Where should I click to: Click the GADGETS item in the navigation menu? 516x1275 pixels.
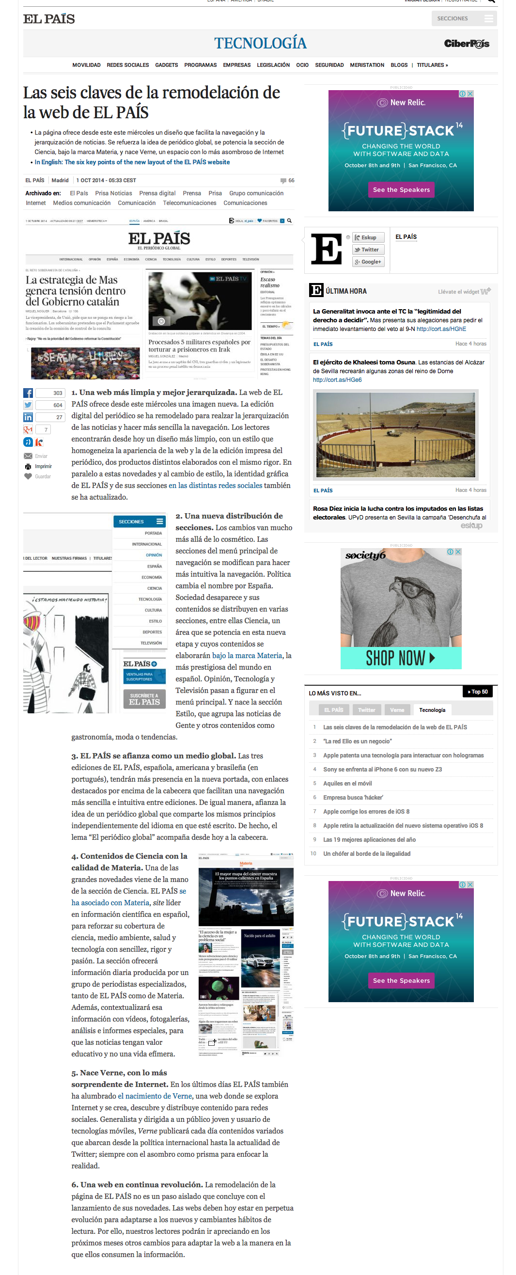[x=166, y=65]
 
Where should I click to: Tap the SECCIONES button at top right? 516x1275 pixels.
[x=464, y=18]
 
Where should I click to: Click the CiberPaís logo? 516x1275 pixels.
[x=466, y=44]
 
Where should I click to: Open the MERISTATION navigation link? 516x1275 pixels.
[x=367, y=65]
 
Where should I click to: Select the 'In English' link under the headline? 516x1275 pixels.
[x=132, y=162]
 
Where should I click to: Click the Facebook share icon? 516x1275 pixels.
[x=28, y=393]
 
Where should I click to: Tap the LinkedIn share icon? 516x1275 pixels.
[x=28, y=417]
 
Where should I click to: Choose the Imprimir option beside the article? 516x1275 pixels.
[x=43, y=466]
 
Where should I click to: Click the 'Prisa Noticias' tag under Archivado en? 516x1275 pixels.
[x=113, y=193]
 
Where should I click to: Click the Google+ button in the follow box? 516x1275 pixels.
[x=368, y=262]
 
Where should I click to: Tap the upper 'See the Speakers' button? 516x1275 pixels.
[x=401, y=189]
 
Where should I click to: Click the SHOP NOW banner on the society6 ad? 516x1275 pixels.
[x=400, y=658]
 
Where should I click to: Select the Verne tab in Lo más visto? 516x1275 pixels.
[x=397, y=710]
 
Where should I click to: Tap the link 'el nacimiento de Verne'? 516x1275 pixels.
[x=155, y=1096]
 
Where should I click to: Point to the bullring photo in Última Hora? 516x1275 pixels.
[x=395, y=434]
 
